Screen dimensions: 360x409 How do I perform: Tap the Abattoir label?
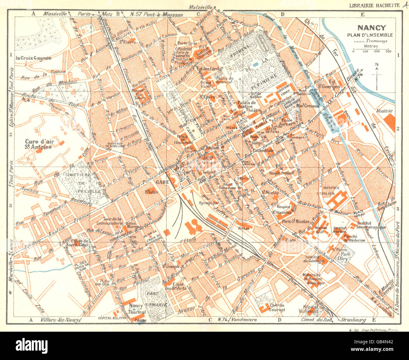pos(384,111)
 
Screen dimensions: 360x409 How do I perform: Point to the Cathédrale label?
pos(265,151)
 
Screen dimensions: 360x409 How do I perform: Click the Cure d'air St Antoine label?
pos(40,144)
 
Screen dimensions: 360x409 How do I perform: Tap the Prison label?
pos(244,228)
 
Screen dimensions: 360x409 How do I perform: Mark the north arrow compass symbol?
pos(377,76)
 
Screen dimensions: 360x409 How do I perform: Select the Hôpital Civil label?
pos(321,230)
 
